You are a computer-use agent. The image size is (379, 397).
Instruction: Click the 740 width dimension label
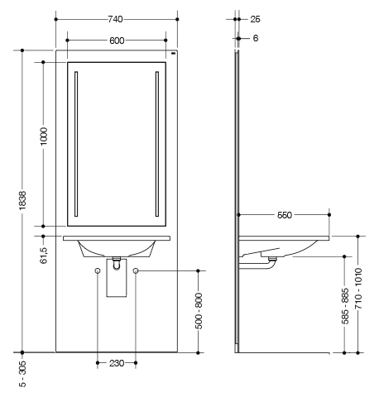point(115,19)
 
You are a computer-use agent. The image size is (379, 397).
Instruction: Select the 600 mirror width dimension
point(117,41)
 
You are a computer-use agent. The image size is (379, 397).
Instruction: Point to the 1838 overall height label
point(22,200)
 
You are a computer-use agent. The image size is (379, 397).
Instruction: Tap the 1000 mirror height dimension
point(44,136)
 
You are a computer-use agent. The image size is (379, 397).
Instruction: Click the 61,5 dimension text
point(44,256)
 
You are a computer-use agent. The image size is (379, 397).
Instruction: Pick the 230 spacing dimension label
point(117,363)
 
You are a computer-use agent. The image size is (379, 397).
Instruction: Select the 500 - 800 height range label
point(199,311)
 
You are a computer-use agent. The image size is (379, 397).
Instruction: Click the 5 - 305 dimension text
point(23,374)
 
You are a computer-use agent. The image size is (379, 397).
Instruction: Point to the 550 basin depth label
point(285,215)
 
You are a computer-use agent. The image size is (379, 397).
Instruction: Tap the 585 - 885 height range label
point(345,306)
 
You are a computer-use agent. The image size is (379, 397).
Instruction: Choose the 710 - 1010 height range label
point(358,288)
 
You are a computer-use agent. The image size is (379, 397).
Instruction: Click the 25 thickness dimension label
point(255,19)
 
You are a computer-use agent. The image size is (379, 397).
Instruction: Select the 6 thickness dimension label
point(256,38)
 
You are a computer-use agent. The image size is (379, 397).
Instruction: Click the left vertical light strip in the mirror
point(76,144)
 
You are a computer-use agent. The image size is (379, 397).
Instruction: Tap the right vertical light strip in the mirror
point(157,144)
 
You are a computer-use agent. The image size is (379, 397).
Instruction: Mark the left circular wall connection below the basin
point(98,270)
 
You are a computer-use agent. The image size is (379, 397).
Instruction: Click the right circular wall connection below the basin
point(136,270)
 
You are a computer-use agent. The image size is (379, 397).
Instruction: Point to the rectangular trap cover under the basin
point(117,278)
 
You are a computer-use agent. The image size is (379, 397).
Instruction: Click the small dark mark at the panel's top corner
point(174,53)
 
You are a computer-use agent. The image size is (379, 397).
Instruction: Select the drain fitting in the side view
point(272,259)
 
